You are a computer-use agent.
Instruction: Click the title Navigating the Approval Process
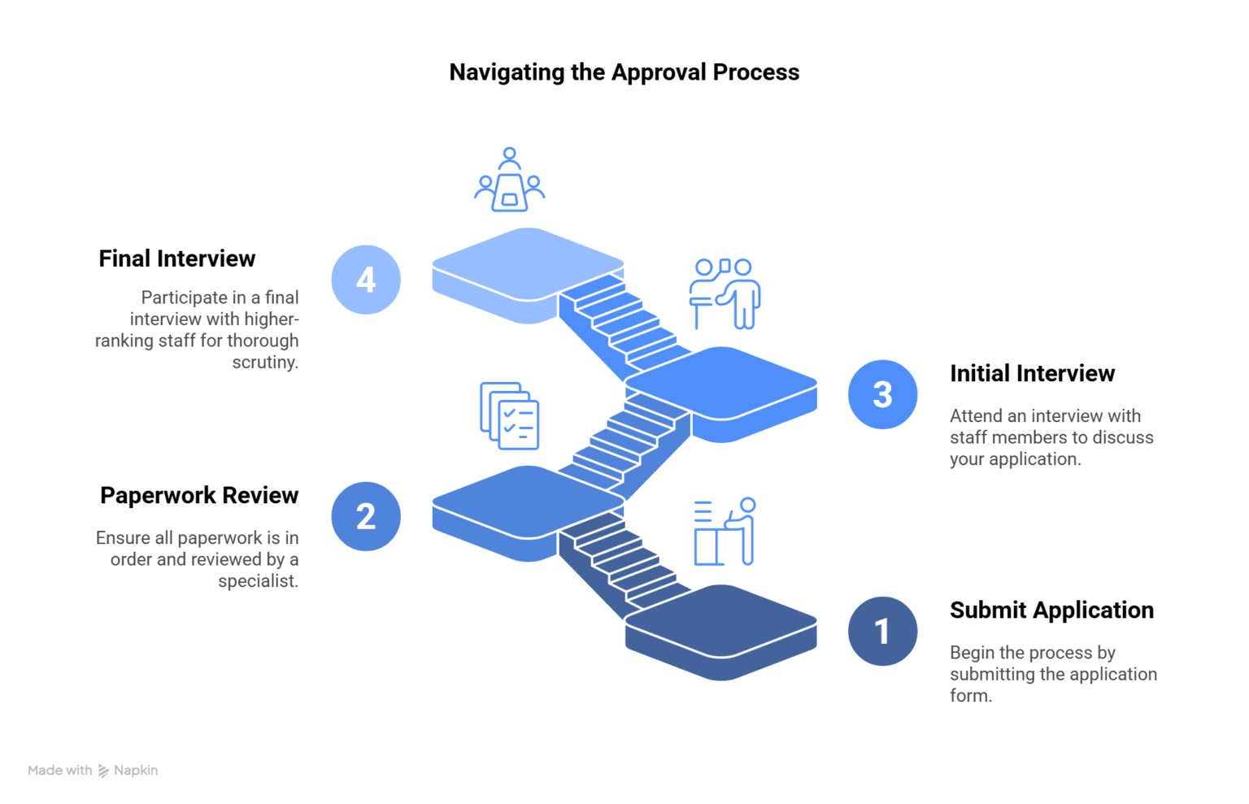(624, 72)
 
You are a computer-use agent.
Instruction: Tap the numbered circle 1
(882, 631)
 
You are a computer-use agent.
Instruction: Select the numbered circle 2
(366, 516)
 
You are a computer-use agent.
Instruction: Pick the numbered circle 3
(882, 394)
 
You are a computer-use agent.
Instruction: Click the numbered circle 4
(366, 280)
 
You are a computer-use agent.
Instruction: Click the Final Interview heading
(176, 259)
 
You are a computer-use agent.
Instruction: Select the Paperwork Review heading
(198, 495)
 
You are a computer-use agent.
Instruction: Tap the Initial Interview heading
(1032, 373)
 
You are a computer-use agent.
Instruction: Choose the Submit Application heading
(1051, 610)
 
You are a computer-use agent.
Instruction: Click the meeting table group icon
(509, 180)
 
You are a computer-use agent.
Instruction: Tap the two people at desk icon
(725, 293)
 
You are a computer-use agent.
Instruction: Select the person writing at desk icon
(725, 532)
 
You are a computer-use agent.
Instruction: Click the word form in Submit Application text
(969, 696)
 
